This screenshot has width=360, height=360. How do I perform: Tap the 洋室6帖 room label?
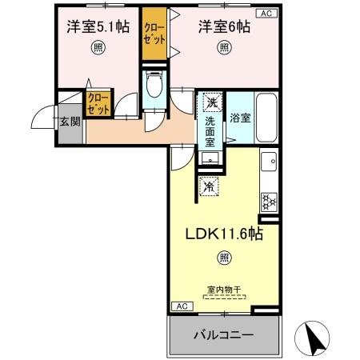click(225, 27)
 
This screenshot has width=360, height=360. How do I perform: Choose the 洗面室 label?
click(210, 131)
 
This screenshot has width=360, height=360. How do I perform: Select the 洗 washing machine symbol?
click(211, 102)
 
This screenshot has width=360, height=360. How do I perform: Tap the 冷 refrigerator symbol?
click(208, 187)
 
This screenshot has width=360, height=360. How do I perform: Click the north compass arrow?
click(314, 337)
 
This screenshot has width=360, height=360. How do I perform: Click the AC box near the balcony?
click(181, 306)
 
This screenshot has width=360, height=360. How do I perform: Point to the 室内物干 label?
click(225, 290)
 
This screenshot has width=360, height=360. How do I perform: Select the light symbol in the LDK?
click(225, 258)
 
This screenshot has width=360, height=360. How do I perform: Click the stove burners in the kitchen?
click(270, 200)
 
